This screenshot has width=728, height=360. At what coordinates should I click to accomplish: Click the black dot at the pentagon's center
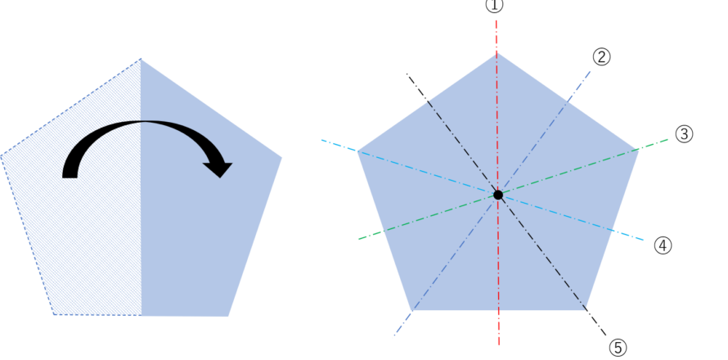[x=497, y=195]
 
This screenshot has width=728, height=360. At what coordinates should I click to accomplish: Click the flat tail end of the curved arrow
[x=70, y=176]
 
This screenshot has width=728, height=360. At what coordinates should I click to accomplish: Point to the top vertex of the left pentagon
[x=140, y=58]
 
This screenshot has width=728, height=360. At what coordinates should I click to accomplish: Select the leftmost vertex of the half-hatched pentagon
[x=2, y=155]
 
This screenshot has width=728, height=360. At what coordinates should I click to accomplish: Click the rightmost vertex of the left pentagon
[x=282, y=158]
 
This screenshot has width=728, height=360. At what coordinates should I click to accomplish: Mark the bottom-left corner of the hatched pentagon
[x=54, y=314]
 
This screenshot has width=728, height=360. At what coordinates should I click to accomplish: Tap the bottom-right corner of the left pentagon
[x=228, y=316]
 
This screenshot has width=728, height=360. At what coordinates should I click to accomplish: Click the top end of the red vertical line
[x=497, y=20]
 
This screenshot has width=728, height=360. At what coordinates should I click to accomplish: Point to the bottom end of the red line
[x=498, y=344]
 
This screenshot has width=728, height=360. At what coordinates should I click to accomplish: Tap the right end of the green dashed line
[x=668, y=139]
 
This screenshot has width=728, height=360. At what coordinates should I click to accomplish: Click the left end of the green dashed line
[x=358, y=239]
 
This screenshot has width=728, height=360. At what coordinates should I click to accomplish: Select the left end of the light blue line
[x=321, y=140]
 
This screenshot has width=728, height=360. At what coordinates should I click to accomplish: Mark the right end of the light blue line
[x=644, y=240]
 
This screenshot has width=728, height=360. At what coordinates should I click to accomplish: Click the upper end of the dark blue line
[x=591, y=71]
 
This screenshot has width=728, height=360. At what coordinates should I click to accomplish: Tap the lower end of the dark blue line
[x=393, y=337]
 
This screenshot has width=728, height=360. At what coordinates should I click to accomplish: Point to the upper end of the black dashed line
[x=428, y=101]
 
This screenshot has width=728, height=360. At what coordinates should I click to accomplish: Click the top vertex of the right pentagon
[x=497, y=53]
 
